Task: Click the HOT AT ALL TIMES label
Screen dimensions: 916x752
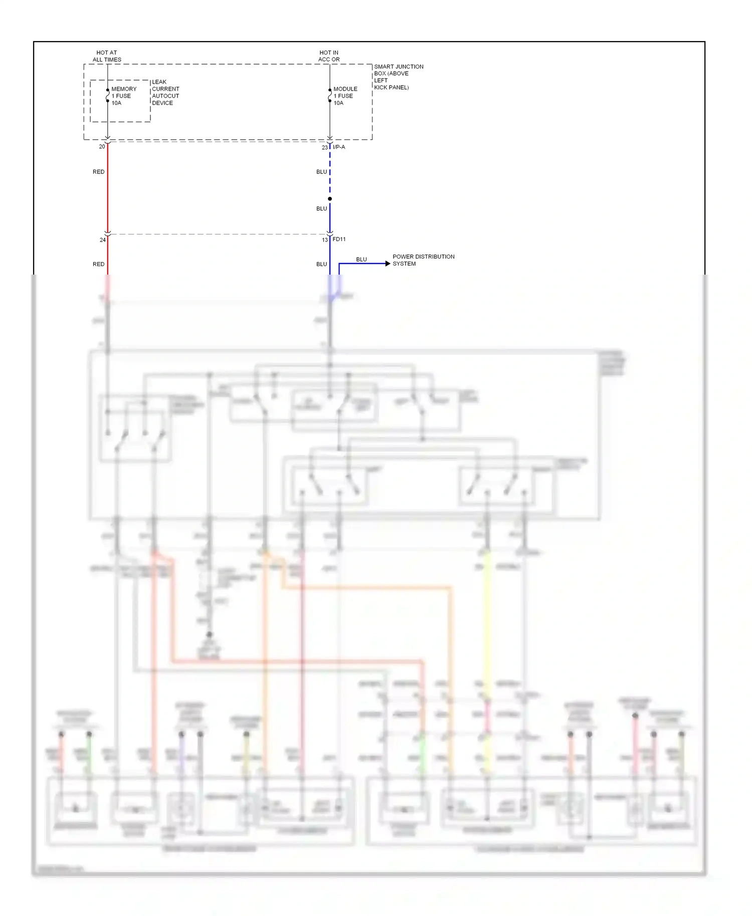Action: (x=107, y=56)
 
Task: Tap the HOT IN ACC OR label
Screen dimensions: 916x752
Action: (x=329, y=56)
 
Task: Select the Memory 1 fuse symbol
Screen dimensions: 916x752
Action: (x=107, y=96)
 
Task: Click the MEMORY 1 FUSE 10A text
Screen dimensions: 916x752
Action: (x=124, y=96)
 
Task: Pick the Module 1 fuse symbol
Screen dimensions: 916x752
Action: (x=330, y=96)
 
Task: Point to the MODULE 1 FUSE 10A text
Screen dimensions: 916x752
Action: (x=345, y=96)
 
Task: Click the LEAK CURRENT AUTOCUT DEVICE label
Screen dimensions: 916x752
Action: (x=165, y=93)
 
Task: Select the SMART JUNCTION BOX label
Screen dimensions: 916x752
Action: (x=399, y=77)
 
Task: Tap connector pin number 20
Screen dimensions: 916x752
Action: (x=102, y=147)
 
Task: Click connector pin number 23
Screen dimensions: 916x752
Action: (x=325, y=147)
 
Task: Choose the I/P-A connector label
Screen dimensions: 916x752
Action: (x=339, y=147)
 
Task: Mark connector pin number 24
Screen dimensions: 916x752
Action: (x=102, y=240)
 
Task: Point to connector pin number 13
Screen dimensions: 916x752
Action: (x=325, y=240)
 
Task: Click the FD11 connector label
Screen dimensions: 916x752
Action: (x=339, y=240)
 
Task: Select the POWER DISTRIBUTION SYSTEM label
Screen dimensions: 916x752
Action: (x=423, y=260)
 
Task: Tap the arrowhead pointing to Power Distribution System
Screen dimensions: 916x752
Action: (x=388, y=264)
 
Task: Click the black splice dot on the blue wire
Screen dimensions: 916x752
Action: (x=330, y=199)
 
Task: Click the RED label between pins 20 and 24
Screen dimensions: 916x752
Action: (x=99, y=172)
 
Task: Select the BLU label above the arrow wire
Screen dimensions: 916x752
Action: (x=361, y=260)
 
